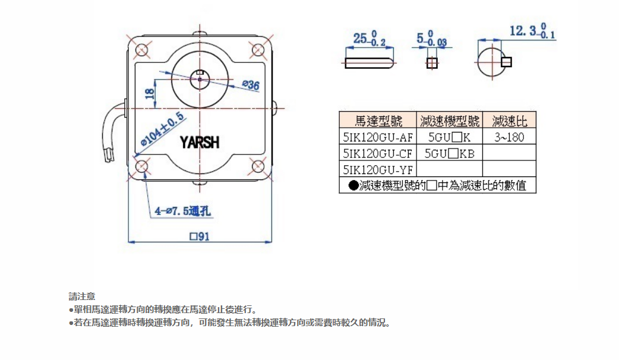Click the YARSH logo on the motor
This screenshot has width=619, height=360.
point(200,143)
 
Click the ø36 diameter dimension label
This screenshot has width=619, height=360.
point(251,86)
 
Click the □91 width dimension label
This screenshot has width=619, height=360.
point(200,236)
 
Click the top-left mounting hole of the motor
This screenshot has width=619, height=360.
point(143,49)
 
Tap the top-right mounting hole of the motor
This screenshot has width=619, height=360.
point(257,49)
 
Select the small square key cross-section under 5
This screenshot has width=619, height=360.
point(432,62)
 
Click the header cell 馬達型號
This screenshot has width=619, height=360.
point(378,121)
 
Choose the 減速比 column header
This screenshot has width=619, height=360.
point(509,121)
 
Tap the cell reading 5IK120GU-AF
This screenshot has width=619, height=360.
point(378,137)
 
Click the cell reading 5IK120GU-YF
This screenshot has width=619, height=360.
point(378,169)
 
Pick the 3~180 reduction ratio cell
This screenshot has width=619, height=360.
point(509,137)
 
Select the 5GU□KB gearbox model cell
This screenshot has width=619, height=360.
point(450,153)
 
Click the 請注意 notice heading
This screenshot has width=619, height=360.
point(81,295)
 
